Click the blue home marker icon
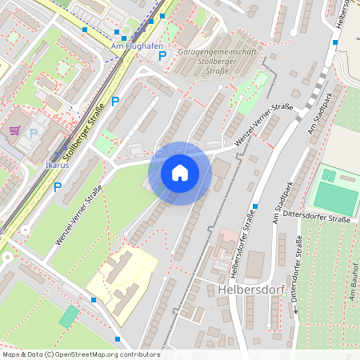(180, 173)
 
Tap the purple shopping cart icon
(14, 130)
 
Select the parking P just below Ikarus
(57, 187)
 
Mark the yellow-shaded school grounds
(120, 275)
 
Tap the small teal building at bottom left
(70, 315)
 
